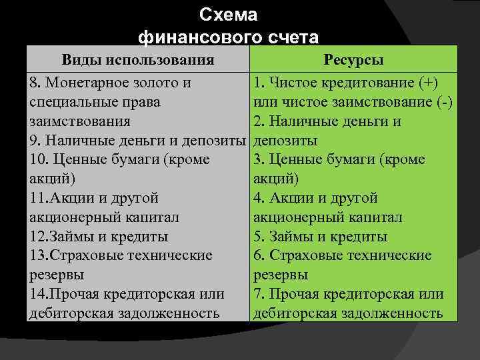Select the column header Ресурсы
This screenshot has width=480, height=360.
[x=353, y=60]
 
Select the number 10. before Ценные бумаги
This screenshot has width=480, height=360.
[x=39, y=160]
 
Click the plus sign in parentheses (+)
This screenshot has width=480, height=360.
[x=429, y=83]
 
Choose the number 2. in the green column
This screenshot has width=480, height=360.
[x=259, y=122]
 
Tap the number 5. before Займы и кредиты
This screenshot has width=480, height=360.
[x=259, y=237]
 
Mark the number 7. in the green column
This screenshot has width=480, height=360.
[x=259, y=294]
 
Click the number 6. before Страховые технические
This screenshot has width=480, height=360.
[x=259, y=256]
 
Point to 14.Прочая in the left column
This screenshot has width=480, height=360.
[x=63, y=294]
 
